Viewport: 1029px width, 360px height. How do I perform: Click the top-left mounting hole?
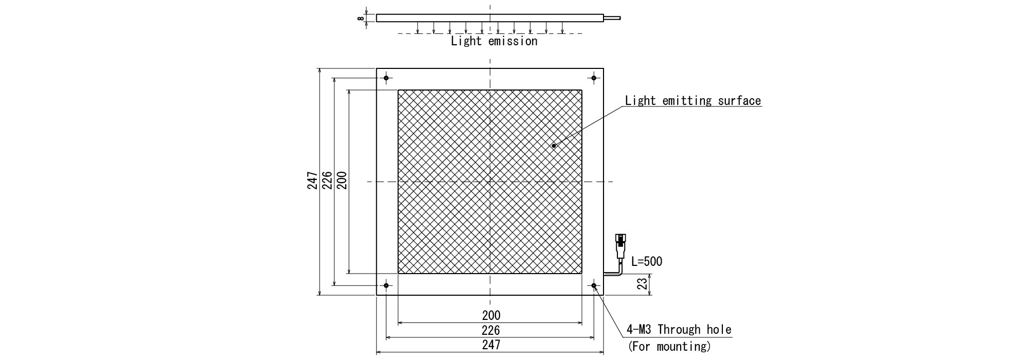click(x=386, y=78)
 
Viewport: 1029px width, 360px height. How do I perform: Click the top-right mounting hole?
click(x=594, y=78)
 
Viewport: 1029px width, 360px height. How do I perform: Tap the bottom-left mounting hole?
click(x=386, y=285)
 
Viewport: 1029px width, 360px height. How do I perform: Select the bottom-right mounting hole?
click(x=594, y=285)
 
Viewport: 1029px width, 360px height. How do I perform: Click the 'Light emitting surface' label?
click(x=693, y=101)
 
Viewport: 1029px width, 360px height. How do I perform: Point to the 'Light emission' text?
click(x=494, y=41)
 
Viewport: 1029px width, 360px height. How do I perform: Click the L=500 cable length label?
click(x=647, y=261)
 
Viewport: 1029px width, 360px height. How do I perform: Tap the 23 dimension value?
click(x=642, y=284)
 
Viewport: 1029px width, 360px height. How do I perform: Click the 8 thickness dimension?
click(x=361, y=18)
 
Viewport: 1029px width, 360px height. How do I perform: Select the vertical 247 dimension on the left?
click(x=312, y=181)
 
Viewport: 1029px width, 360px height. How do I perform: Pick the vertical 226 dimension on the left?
click(x=327, y=181)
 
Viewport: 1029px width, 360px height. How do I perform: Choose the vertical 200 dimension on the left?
click(x=342, y=181)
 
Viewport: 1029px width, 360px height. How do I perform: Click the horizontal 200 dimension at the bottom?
click(x=491, y=315)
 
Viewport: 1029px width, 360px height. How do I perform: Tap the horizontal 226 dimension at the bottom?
click(x=491, y=330)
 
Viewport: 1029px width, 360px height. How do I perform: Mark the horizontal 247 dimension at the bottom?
click(x=491, y=345)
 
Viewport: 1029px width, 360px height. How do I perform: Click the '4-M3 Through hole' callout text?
click(x=679, y=329)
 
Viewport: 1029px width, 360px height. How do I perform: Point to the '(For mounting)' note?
click(x=669, y=346)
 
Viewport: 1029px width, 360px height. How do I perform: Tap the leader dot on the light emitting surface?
click(x=554, y=146)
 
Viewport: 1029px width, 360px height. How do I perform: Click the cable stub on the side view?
click(x=612, y=18)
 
